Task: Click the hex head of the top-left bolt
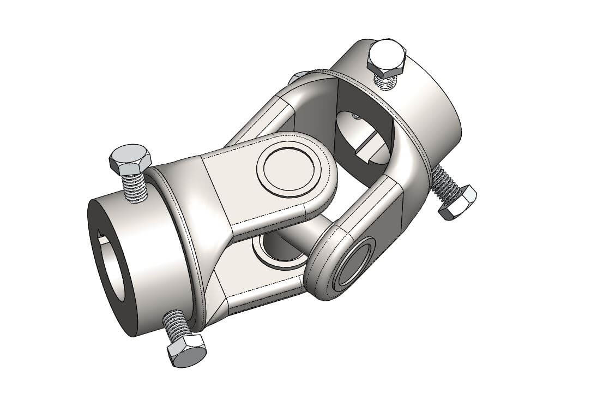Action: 130,158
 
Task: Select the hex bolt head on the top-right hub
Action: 387,57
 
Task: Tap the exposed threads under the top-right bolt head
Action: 388,82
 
